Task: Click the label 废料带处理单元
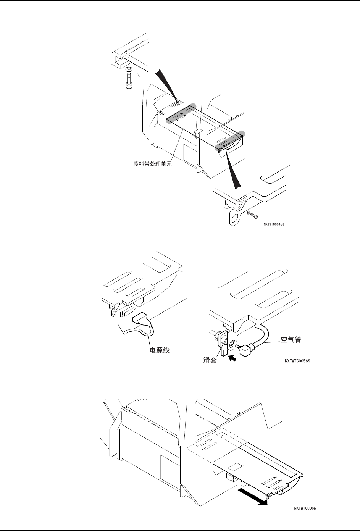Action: (150, 165)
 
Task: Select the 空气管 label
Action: (291, 340)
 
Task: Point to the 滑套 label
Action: (210, 360)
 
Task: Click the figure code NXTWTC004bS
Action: (273, 225)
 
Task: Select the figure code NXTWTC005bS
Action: (297, 360)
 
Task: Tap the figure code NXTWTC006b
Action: (305, 508)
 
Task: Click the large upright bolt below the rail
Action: (129, 82)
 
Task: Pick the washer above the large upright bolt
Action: (129, 69)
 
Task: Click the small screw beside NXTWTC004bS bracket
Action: (254, 216)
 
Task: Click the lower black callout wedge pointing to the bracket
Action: (233, 170)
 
